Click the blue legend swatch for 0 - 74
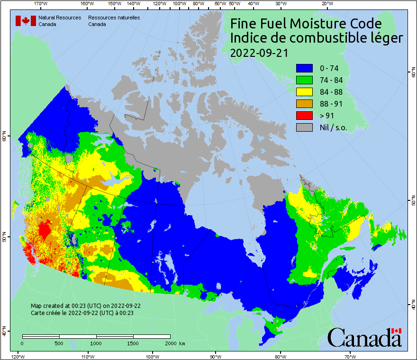(x=305, y=68)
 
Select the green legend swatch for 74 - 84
(x=305, y=80)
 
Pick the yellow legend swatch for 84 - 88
(x=305, y=92)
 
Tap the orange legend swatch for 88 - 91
(x=305, y=104)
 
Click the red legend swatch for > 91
(x=305, y=115)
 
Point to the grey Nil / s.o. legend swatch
(x=305, y=127)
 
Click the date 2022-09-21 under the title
(x=259, y=53)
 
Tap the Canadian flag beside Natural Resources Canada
(x=26, y=21)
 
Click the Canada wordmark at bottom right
(x=364, y=338)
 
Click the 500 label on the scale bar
(x=59, y=343)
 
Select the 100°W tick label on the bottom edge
(x=152, y=356)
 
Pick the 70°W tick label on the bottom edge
(x=350, y=356)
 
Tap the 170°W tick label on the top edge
(x=41, y=4)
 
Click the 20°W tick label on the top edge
(x=326, y=4)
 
